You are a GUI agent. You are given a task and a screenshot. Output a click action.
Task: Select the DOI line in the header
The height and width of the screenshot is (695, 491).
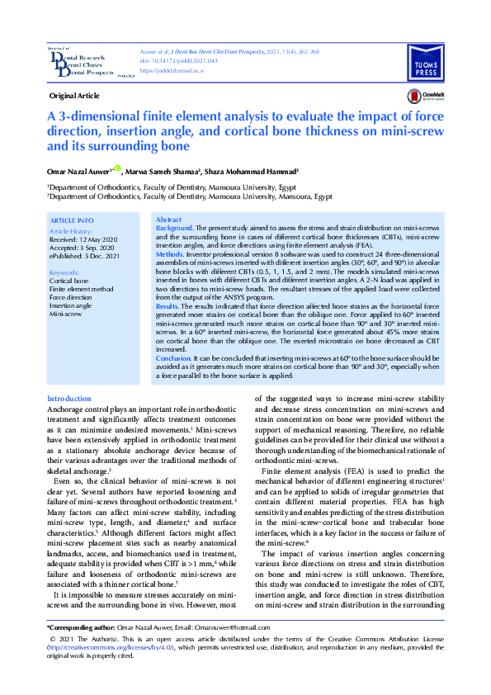(x=168, y=61)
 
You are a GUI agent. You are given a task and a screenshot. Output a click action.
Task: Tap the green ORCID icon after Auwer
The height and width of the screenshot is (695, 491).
(x=117, y=169)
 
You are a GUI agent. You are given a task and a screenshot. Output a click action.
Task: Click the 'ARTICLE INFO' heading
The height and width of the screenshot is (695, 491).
(x=72, y=221)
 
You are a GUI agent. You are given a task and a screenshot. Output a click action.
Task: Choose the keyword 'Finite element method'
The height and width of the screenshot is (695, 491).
(x=81, y=290)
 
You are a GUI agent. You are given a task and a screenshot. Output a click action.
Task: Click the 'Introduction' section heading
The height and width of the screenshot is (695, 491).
(x=69, y=399)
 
